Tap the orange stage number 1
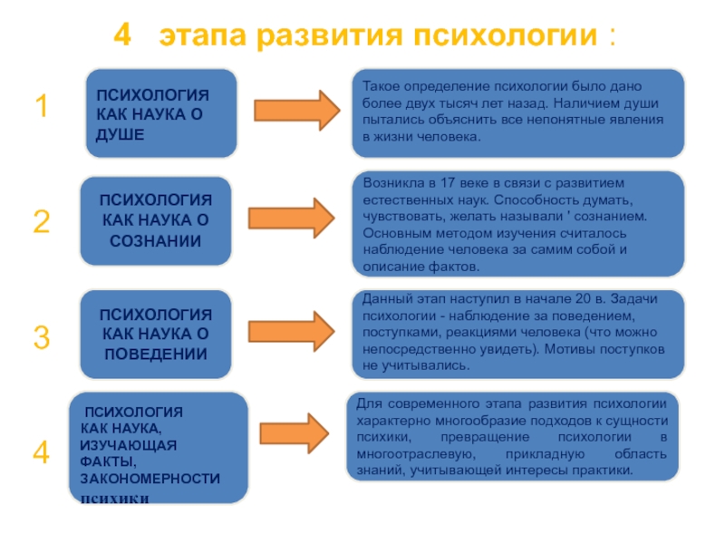[41, 108]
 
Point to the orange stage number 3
[41, 338]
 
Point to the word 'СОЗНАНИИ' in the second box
[156, 240]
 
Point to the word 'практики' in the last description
[604, 471]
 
